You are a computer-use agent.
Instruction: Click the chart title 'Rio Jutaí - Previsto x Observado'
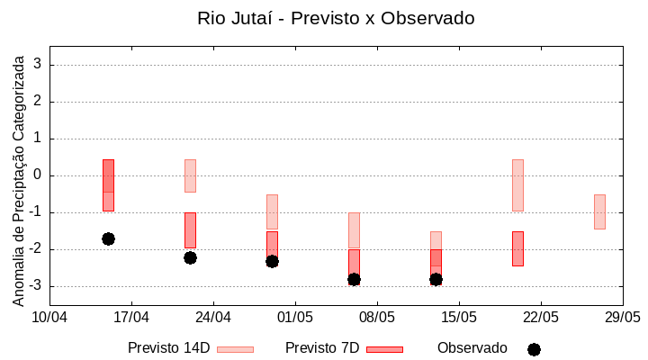pos(336,18)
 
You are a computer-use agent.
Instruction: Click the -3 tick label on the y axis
pos(35,286)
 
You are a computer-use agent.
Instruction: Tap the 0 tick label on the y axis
pos(38,175)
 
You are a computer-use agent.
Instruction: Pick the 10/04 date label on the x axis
pos(49,317)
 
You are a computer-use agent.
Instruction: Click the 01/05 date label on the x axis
pos(295,317)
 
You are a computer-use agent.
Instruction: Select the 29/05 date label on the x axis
pos(622,317)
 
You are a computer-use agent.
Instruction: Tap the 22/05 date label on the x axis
pos(541,317)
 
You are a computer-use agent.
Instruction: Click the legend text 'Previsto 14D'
pos(168,348)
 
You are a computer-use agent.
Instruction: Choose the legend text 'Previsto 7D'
pos(322,348)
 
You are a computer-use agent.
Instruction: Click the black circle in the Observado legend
pos(534,349)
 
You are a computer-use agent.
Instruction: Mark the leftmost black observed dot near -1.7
pos(108,238)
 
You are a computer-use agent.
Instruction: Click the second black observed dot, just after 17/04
pos(190,257)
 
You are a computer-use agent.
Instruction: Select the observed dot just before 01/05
pos(272,261)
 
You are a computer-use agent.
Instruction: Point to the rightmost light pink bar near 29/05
pos(599,211)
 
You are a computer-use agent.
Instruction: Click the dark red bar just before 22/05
pos(517,248)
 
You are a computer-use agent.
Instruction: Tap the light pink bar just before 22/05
pos(517,184)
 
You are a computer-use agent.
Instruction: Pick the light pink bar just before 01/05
pos(272,211)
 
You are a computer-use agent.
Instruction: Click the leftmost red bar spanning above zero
pos(108,184)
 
